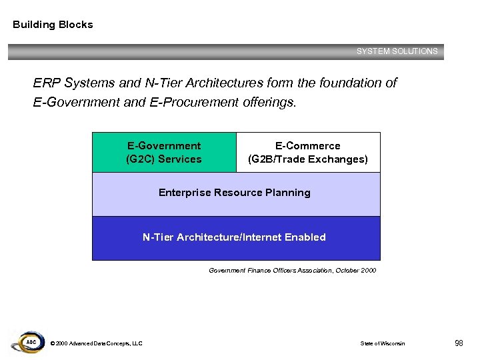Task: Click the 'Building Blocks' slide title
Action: tap(53, 25)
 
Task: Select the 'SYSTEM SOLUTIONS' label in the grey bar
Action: tap(397, 51)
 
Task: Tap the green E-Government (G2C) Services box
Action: tap(164, 153)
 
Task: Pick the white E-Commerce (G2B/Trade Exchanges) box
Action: tap(308, 153)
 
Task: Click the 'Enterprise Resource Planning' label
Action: tap(235, 193)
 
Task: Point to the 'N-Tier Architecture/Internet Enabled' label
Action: tap(235, 237)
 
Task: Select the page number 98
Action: tap(459, 343)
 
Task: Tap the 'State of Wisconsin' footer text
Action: tap(382, 343)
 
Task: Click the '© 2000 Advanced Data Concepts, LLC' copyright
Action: tap(96, 343)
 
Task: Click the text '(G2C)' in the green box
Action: tap(139, 159)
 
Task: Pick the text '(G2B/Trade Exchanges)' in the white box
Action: tap(308, 159)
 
